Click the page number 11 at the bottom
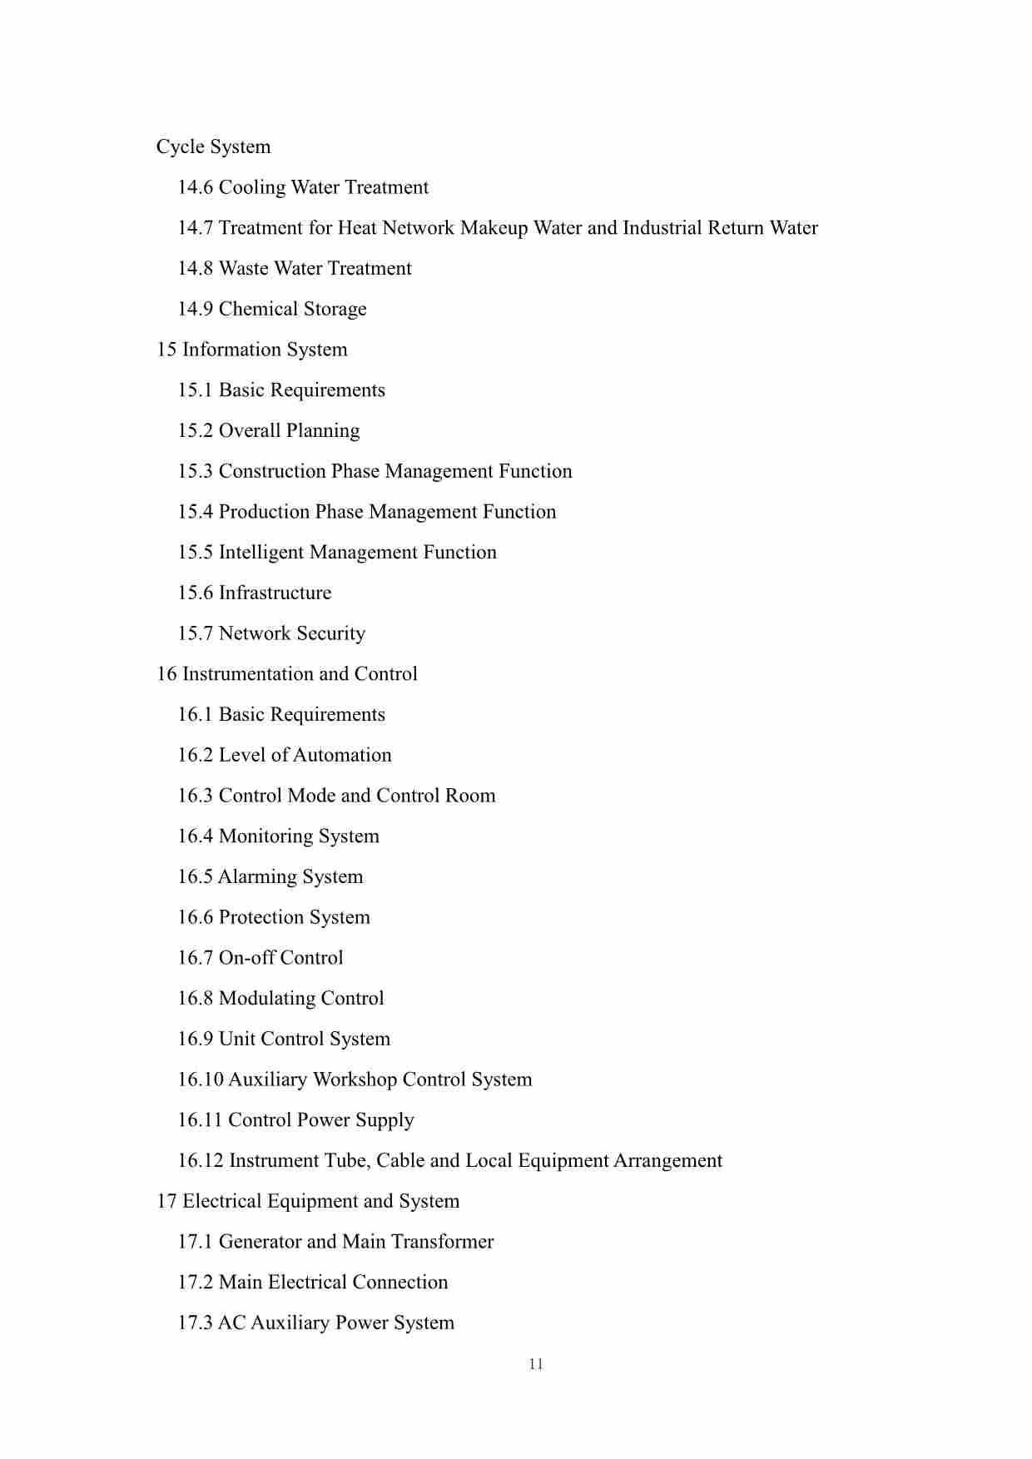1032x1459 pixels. coord(535,1364)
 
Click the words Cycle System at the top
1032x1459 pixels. coord(213,147)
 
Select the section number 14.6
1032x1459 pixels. coord(196,188)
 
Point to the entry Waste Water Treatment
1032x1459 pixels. coord(315,269)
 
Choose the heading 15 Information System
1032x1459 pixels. coord(251,350)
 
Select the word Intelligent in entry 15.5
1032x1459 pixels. coord(260,553)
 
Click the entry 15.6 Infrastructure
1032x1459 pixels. coord(254,593)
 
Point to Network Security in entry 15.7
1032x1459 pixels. coord(291,634)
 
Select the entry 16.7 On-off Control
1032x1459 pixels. coord(260,958)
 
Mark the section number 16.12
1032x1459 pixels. coord(200,1161)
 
